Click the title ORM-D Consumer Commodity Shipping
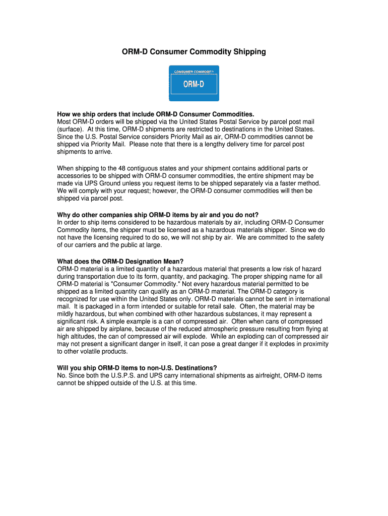tap(193, 51)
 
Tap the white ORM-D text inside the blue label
tap(193, 84)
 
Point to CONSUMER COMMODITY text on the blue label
tap(193, 72)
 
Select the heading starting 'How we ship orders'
tap(156, 114)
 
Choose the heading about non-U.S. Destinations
tap(137, 367)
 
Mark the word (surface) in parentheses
tap(70, 129)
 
